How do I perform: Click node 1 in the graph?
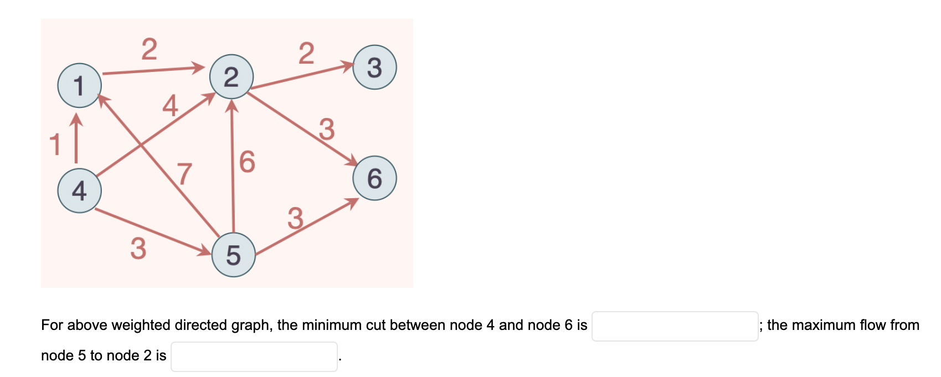79,85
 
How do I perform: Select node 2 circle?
231,76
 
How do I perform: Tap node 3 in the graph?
374,67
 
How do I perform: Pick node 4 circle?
79,190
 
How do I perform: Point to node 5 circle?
233,255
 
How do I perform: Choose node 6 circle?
374,178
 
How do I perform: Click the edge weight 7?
184,173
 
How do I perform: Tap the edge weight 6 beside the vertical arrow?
247,162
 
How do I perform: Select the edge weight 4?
170,105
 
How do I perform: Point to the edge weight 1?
54,144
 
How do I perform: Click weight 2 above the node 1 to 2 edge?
149,49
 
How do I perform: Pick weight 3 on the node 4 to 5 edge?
138,248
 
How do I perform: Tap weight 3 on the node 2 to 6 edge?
327,129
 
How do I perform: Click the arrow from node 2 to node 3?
302,77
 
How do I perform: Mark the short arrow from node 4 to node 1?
76,138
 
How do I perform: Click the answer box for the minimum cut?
675,326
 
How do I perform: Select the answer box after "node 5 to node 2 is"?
254,357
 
